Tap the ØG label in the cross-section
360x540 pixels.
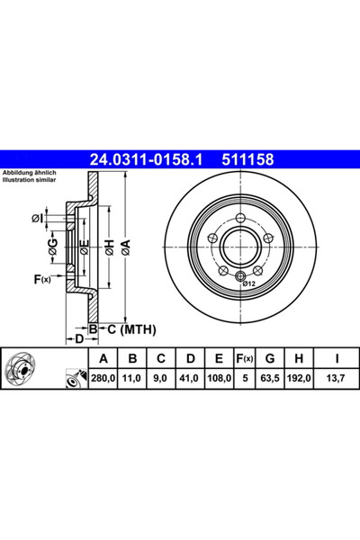(54, 246)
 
